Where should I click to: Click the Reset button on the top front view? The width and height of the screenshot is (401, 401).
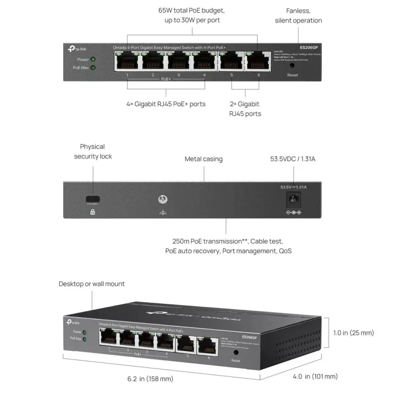click(292, 65)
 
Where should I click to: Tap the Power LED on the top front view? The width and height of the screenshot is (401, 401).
click(93, 59)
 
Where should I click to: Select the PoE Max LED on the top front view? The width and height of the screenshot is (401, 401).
click(93, 67)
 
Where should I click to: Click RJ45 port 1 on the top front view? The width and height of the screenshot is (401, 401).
click(127, 61)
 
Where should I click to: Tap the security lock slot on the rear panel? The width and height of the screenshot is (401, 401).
click(92, 199)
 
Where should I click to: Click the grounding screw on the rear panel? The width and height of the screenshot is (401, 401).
click(162, 198)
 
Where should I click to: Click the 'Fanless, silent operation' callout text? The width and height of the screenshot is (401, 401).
click(298, 16)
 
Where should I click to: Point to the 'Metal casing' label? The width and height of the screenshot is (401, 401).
click(204, 159)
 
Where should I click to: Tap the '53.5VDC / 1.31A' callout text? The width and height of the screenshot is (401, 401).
click(293, 159)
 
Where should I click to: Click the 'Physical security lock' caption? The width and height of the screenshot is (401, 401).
click(93, 151)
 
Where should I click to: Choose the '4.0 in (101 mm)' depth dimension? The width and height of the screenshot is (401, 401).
click(315, 376)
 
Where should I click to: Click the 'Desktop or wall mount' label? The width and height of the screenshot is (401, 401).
click(92, 284)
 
